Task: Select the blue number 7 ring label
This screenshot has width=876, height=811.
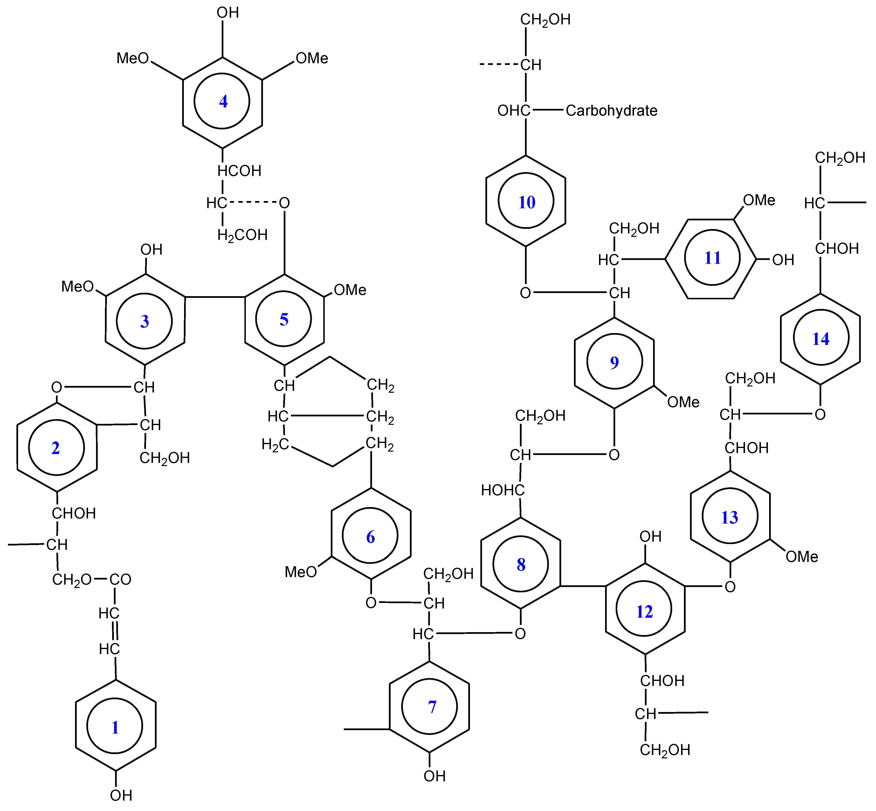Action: pyautogui.click(x=432, y=707)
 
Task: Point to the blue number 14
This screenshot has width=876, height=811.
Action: pyautogui.click(x=820, y=339)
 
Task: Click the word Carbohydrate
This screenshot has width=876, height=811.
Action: pyautogui.click(x=611, y=111)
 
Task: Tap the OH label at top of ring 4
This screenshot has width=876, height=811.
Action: pyautogui.click(x=228, y=13)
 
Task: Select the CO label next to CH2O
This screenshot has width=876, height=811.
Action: pyautogui.click(x=120, y=580)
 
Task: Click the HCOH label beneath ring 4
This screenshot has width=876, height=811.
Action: pyautogui.click(x=240, y=171)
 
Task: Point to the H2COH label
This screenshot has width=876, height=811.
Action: pyautogui.click(x=242, y=235)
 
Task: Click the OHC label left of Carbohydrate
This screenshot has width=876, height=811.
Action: pyautogui.click(x=513, y=111)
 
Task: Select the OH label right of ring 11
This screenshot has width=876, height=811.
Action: pyautogui.click(x=783, y=260)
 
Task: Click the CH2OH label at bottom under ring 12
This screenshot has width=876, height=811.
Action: pyautogui.click(x=665, y=750)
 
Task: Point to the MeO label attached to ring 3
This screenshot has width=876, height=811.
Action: pyautogui.click(x=77, y=287)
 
